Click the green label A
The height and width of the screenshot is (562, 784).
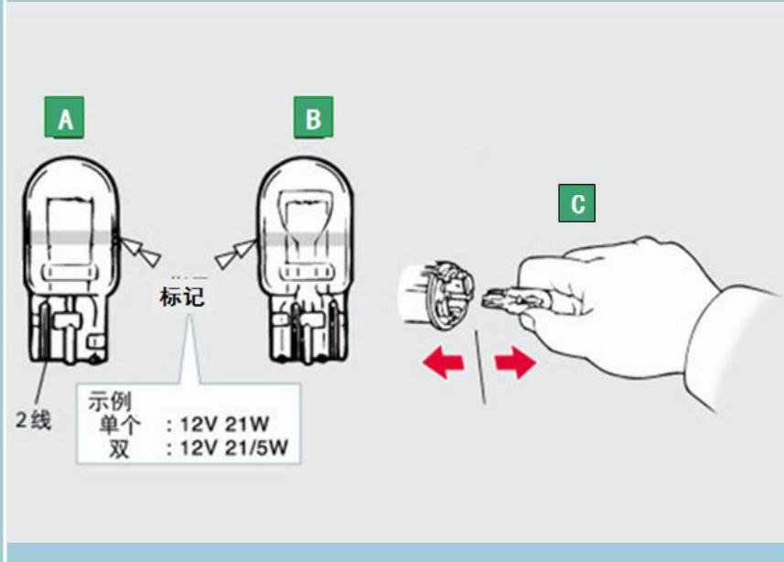[65, 118]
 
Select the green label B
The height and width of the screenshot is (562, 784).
[313, 118]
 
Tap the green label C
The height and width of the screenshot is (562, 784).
[577, 203]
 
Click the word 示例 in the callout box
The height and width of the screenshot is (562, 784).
[110, 401]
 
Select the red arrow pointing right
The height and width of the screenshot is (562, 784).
[515, 363]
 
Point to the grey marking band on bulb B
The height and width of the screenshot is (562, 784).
[303, 236]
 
